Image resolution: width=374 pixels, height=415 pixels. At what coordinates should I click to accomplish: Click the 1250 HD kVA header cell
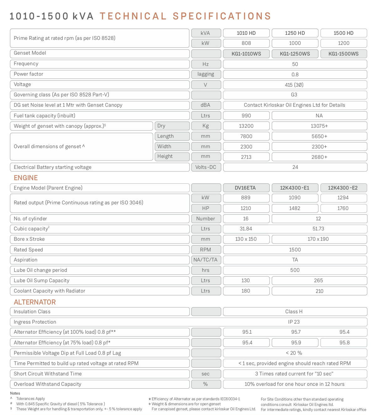(x=295, y=33)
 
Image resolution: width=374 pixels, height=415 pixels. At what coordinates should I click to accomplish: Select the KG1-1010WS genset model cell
(x=246, y=54)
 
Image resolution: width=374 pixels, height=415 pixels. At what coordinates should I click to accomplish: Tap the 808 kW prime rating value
(x=246, y=43)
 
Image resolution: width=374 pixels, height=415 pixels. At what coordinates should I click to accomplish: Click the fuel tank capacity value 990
(x=246, y=116)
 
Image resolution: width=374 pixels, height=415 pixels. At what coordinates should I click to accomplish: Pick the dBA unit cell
(x=206, y=105)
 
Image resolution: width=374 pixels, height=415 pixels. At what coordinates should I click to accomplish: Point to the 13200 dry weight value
(x=246, y=126)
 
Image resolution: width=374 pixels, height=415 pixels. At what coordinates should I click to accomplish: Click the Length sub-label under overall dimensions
(x=172, y=136)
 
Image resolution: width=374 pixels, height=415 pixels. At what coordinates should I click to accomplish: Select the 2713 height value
(x=246, y=157)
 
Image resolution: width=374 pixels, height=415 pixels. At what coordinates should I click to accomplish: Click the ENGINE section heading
(x=26, y=178)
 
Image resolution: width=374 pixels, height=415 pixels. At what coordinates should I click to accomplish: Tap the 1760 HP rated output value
(x=343, y=208)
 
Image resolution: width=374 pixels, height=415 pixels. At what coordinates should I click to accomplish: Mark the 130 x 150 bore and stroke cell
(x=246, y=239)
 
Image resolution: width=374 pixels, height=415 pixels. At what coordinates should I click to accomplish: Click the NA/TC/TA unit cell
(x=206, y=260)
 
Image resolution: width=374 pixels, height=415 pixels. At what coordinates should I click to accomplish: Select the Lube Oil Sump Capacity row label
(x=41, y=281)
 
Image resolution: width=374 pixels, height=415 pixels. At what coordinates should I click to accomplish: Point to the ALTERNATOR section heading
(x=35, y=302)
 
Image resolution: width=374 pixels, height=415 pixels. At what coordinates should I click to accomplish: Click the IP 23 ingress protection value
(x=294, y=322)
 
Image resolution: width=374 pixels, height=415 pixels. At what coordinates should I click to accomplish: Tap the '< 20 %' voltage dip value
(x=294, y=353)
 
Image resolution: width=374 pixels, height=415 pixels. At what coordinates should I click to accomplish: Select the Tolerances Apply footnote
(x=30, y=399)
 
